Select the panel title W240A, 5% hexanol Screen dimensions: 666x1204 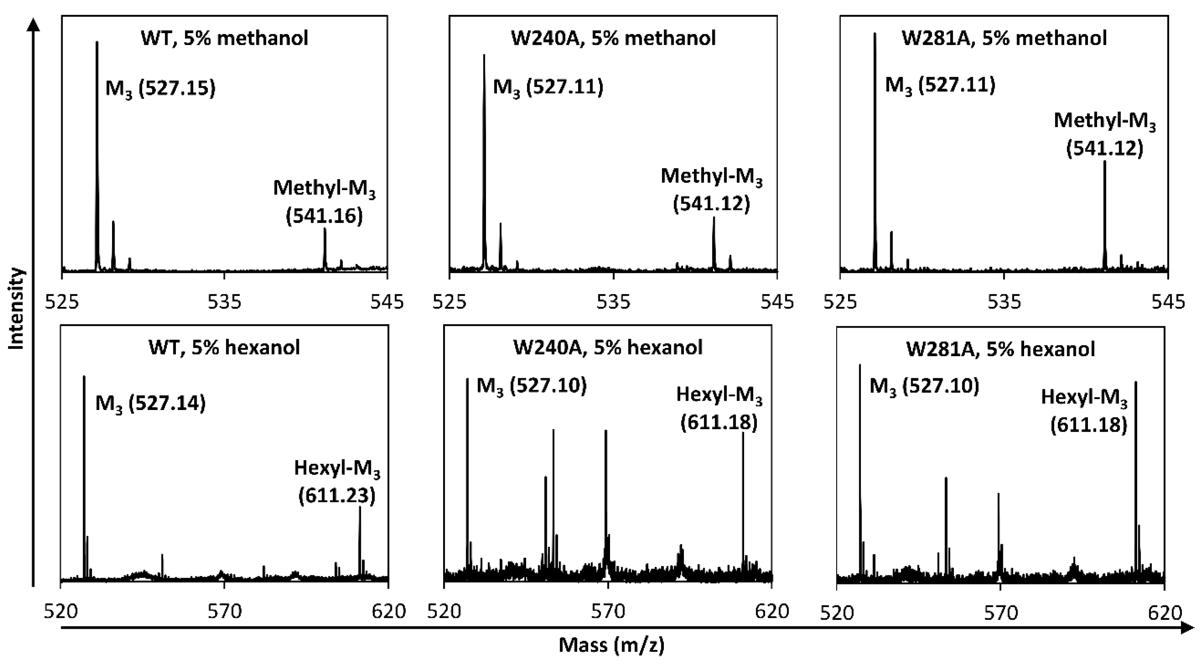(x=608, y=347)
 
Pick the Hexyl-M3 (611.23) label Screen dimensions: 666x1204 (x=337, y=482)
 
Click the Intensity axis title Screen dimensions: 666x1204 (x=17, y=309)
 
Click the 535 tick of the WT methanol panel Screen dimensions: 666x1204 (x=224, y=302)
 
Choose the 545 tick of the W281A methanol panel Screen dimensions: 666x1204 (x=1168, y=302)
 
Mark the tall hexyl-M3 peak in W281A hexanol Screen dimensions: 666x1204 (x=1136, y=468)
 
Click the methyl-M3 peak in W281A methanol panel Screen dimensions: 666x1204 (x=1105, y=215)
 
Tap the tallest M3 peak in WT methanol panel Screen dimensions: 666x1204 (x=97, y=140)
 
